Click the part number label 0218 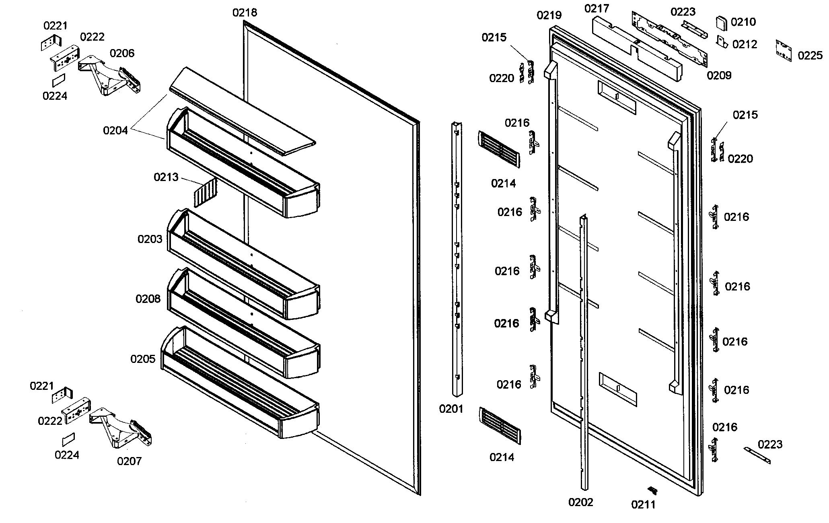coord(245,13)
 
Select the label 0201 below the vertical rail coord(451,409)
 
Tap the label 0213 coord(166,177)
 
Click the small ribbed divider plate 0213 coord(206,193)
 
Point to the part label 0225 coord(810,56)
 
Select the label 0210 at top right coord(743,22)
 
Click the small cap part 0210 coord(722,23)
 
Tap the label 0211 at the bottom coord(643,504)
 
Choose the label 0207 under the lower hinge coord(129,461)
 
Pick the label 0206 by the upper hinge coord(122,54)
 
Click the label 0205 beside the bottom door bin coord(143,359)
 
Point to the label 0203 coord(150,239)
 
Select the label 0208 coord(148,299)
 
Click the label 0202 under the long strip coord(580,502)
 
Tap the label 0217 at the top coord(597,9)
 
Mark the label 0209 coord(719,76)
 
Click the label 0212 coord(745,44)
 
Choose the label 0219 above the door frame coord(549,16)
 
